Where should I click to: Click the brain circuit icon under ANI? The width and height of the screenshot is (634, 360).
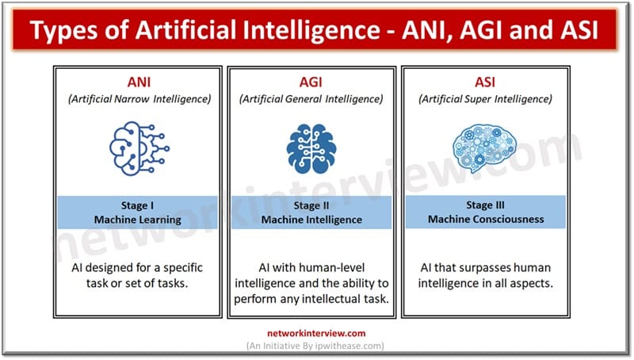(139, 146)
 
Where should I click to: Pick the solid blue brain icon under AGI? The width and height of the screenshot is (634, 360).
(311, 147)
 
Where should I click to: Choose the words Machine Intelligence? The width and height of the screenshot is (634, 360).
(311, 220)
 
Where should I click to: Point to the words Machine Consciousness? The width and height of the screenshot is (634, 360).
(483, 220)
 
